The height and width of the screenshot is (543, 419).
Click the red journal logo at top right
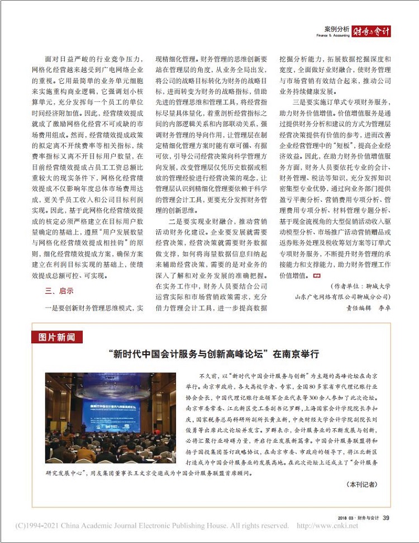click(372, 32)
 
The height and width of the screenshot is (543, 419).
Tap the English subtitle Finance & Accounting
click(336, 35)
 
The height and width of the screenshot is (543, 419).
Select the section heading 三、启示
click(59, 291)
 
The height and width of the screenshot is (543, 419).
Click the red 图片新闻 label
click(57, 337)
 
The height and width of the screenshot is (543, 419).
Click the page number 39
click(386, 517)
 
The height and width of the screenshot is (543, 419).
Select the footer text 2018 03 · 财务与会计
click(358, 517)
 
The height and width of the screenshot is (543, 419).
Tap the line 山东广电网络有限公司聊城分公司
click(342, 297)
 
